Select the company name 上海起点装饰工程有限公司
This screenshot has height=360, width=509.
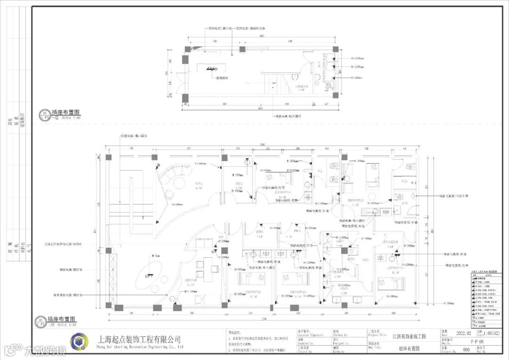139,339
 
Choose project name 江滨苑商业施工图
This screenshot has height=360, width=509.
409,336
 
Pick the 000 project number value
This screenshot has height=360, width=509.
467,350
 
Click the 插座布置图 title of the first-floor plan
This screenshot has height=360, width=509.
66,113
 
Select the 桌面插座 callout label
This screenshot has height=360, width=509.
222,78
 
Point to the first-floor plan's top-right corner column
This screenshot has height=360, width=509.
335,49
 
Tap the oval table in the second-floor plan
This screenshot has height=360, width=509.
151,278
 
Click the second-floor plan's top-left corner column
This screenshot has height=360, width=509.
108,157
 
